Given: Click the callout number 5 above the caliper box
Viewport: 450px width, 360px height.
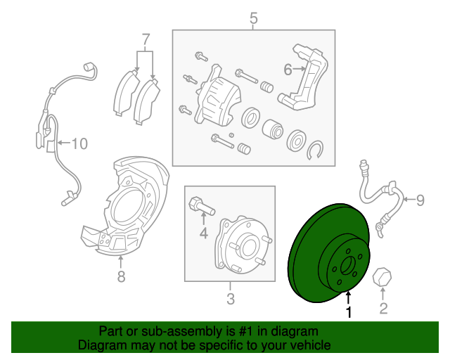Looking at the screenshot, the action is pyautogui.click(x=254, y=18).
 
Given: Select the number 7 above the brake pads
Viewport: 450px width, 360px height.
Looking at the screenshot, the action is pyautogui.click(x=146, y=40).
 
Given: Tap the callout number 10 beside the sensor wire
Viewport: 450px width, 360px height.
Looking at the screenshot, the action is pyautogui.click(x=79, y=143).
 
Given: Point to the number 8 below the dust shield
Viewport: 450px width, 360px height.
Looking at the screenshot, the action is pyautogui.click(x=122, y=277).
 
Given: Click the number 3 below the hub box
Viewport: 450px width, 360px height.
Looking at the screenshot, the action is pyautogui.click(x=231, y=299).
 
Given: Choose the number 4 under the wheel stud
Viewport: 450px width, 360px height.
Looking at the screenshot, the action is pyautogui.click(x=203, y=233).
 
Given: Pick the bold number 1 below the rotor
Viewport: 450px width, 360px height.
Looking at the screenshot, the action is pyautogui.click(x=349, y=312).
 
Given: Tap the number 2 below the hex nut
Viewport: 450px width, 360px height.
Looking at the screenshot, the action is pyautogui.click(x=383, y=309).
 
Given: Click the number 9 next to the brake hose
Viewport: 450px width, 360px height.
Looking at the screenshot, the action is pyautogui.click(x=420, y=200).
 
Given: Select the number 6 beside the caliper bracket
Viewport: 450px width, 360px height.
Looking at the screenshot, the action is pyautogui.click(x=288, y=70).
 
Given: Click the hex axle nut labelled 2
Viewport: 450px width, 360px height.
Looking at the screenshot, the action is pyautogui.click(x=382, y=277).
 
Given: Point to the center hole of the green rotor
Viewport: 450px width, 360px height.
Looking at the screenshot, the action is pyautogui.click(x=347, y=266).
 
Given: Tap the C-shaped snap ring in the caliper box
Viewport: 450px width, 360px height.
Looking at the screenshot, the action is pyautogui.click(x=315, y=150).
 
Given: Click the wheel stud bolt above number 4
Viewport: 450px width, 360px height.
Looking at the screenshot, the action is pyautogui.click(x=202, y=206).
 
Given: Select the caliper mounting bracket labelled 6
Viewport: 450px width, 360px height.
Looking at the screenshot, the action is pyautogui.click(x=303, y=77).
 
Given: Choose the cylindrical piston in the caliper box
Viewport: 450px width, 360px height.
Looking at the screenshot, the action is pyautogui.click(x=273, y=129).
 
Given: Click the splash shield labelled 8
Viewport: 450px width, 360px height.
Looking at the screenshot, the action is pyautogui.click(x=124, y=205).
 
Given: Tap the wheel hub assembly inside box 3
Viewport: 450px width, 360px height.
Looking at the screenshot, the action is pyautogui.click(x=243, y=245).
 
